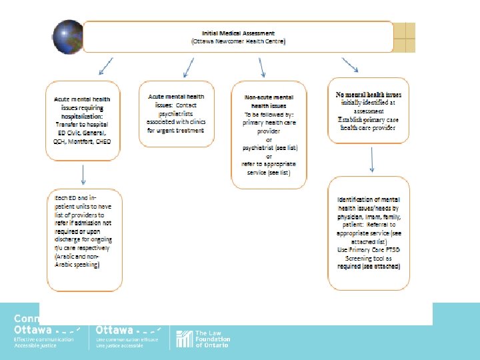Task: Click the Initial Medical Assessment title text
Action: point(238,33)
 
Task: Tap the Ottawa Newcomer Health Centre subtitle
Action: point(238,41)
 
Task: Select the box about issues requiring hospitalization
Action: point(83,120)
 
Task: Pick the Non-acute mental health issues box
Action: point(269,135)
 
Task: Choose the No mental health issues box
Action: point(369,111)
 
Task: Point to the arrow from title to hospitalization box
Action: point(105,66)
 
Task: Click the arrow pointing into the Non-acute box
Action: point(262,66)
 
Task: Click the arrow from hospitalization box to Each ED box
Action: point(83,174)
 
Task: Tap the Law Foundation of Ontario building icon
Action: point(183,339)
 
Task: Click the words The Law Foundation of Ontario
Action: point(212,339)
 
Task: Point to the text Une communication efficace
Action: point(127,340)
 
